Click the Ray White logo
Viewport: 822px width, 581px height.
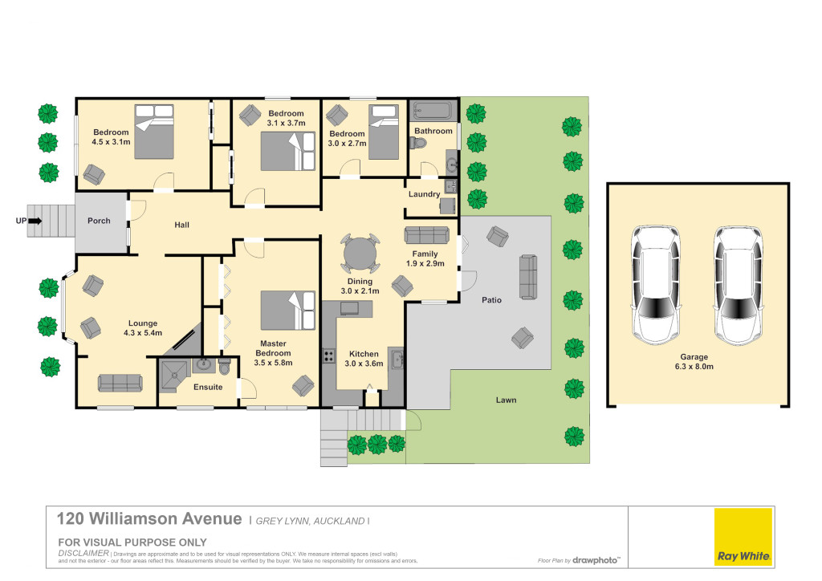[x=743, y=537]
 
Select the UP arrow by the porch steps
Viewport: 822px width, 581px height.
[x=35, y=221]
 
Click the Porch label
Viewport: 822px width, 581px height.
[x=99, y=221]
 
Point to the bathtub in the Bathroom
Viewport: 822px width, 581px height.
[x=433, y=111]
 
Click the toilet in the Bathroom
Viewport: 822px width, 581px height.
[x=419, y=143]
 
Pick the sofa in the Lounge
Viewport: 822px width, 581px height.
[x=120, y=383]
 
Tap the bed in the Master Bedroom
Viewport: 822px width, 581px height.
[x=288, y=310]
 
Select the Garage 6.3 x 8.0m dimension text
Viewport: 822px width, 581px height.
[x=694, y=366]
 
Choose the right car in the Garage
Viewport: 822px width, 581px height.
[x=739, y=285]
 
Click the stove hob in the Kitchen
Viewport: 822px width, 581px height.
[x=328, y=356]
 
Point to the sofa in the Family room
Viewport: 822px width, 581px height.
[x=427, y=235]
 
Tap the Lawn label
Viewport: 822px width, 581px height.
[x=506, y=400]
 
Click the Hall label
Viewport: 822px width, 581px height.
[x=182, y=225]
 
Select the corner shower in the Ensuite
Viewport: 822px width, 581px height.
[x=173, y=376]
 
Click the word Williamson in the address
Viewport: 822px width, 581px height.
[x=165, y=518]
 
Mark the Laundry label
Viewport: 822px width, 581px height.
[x=424, y=194]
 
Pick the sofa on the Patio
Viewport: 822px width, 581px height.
[x=528, y=277]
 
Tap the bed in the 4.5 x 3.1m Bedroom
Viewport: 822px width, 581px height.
[x=154, y=132]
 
